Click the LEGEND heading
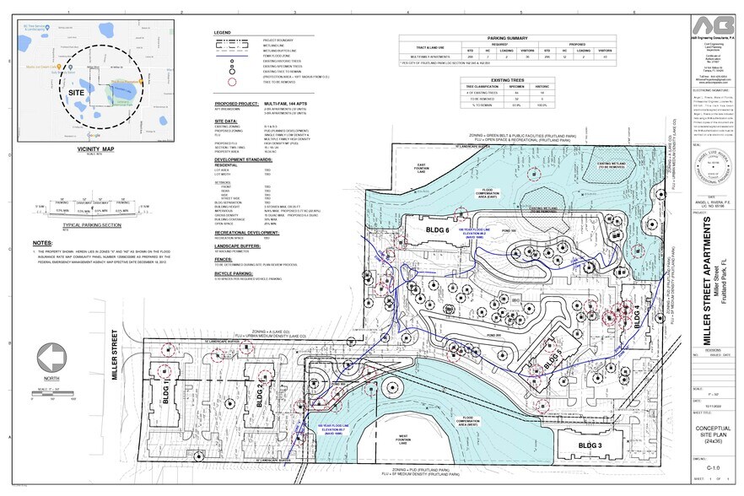222,32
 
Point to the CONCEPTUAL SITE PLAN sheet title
713,438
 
